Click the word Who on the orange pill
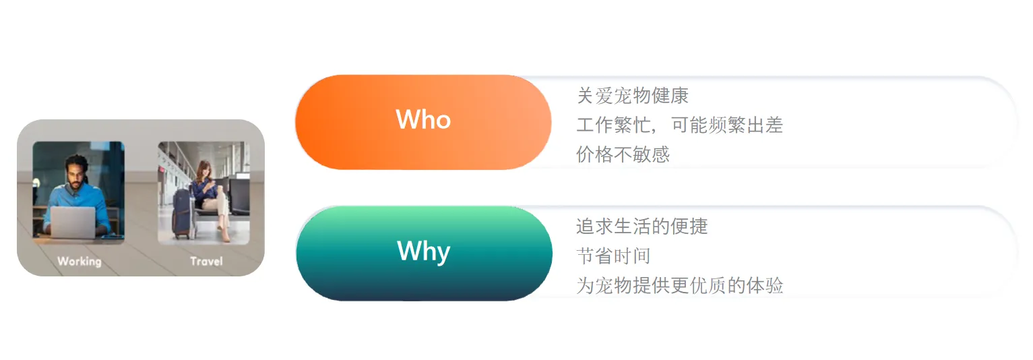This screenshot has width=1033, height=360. (423, 120)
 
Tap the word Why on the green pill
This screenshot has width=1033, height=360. (423, 251)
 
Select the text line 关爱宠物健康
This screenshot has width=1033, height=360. (632, 96)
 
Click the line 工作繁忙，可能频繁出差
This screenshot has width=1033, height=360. (679, 125)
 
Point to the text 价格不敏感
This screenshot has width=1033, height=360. (623, 155)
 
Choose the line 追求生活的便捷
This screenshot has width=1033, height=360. (641, 226)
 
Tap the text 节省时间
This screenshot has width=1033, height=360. (613, 256)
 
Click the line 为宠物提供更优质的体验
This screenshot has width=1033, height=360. (679, 285)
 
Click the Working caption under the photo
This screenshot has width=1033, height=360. (79, 261)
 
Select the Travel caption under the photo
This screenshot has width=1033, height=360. (206, 261)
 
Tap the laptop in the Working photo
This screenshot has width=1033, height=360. (73, 222)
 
